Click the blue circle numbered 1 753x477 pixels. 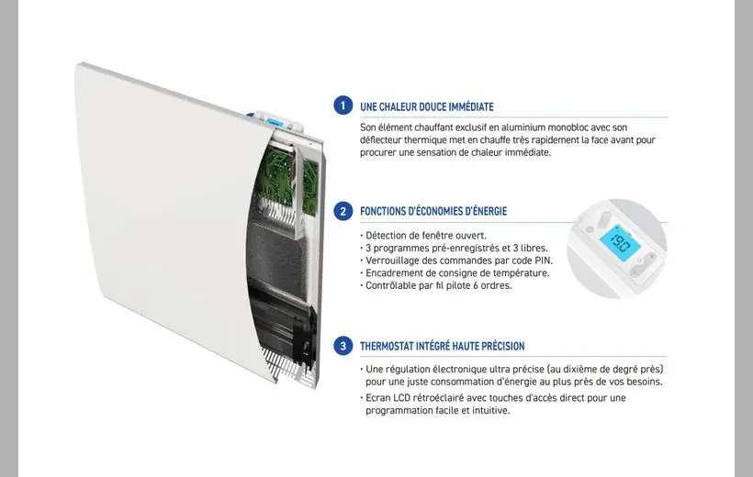(343, 105)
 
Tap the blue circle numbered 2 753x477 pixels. (343, 211)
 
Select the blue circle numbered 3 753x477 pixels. (343, 346)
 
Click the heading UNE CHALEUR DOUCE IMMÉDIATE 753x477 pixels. (427, 106)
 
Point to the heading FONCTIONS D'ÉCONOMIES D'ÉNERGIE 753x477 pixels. (433, 211)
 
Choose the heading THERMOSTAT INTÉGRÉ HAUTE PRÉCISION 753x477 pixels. (443, 346)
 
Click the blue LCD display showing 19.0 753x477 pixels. (621, 243)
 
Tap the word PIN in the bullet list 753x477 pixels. (542, 261)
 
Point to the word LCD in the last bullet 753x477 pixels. (401, 398)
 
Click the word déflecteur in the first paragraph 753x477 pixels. (380, 140)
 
